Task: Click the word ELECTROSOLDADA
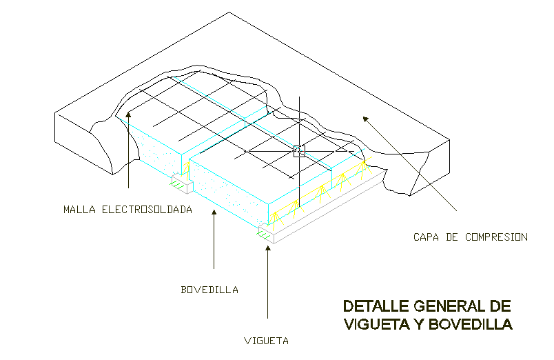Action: click(147, 209)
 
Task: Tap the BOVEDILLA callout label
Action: click(209, 290)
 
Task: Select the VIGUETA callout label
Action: click(266, 341)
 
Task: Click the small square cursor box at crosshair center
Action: click(299, 151)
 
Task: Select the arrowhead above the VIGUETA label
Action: click(267, 247)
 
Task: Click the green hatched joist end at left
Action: click(178, 183)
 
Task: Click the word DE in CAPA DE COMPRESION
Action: click(451, 237)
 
